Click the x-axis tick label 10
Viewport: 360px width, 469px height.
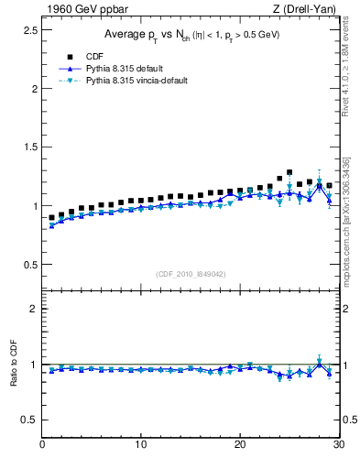[x=140, y=445]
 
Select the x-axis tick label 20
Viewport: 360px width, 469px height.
[x=239, y=445]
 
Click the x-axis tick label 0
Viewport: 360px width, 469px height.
[x=42, y=445]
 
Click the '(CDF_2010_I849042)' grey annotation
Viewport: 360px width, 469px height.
[x=190, y=273]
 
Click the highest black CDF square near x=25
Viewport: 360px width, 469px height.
[x=289, y=172]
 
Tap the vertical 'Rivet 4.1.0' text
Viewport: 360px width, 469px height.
[x=351, y=64]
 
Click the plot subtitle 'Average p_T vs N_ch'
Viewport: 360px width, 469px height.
[x=190, y=34]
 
